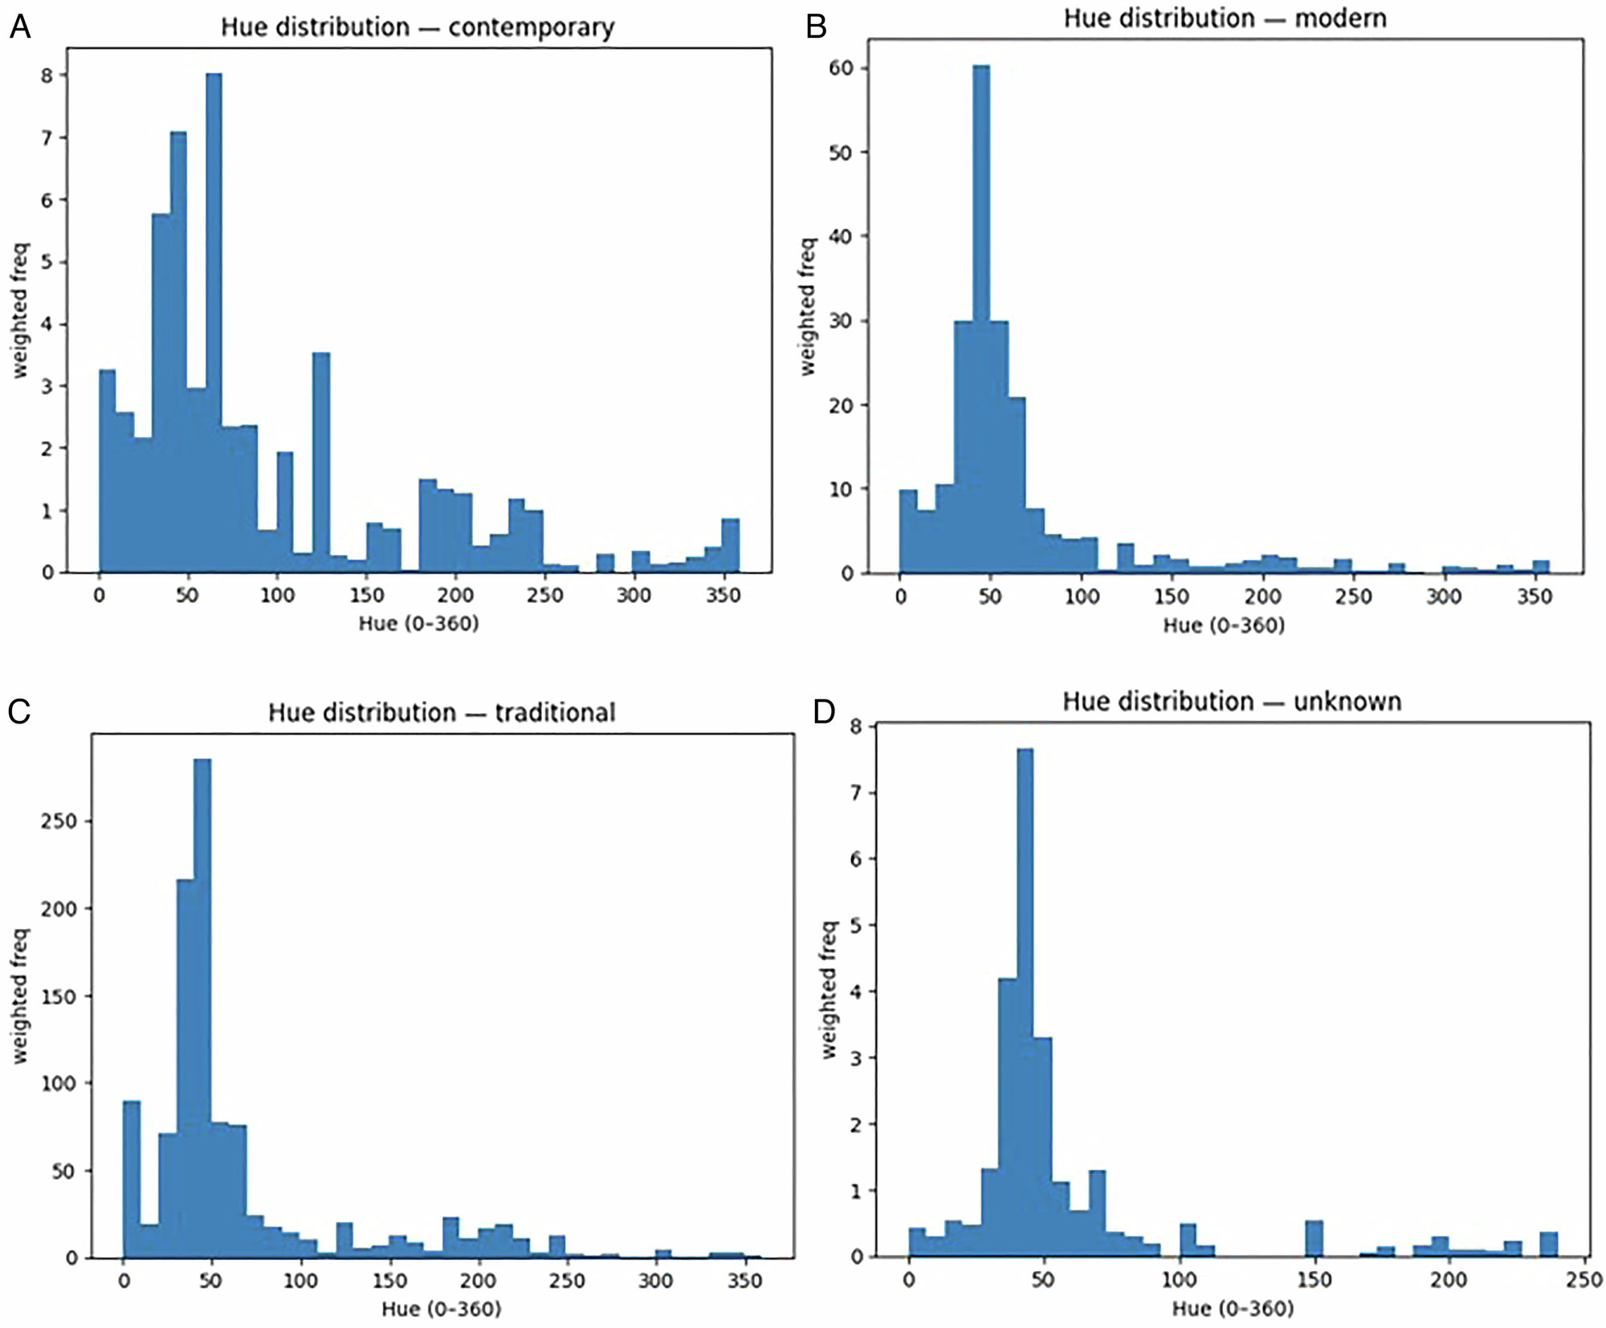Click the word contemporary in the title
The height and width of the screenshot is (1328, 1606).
pyautogui.click(x=531, y=27)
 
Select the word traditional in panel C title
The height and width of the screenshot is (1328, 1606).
pyautogui.click(x=555, y=712)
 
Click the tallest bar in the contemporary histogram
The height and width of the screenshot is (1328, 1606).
pyautogui.click(x=214, y=321)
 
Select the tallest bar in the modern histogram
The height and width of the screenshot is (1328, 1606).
pyautogui.click(x=981, y=321)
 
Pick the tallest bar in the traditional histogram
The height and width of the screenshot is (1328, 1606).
pyautogui.click(x=203, y=1004)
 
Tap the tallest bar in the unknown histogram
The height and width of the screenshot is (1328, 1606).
pyautogui.click(x=1025, y=1004)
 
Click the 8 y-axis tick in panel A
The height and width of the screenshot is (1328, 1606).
pyautogui.click(x=48, y=75)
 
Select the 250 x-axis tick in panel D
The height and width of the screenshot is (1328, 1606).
pyautogui.click(x=1584, y=1279)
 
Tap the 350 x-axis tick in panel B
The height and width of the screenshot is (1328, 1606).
pyautogui.click(x=1535, y=597)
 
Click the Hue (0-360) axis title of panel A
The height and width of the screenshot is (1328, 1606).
pyautogui.click(x=418, y=623)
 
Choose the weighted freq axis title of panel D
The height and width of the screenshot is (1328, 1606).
pyautogui.click(x=829, y=989)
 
